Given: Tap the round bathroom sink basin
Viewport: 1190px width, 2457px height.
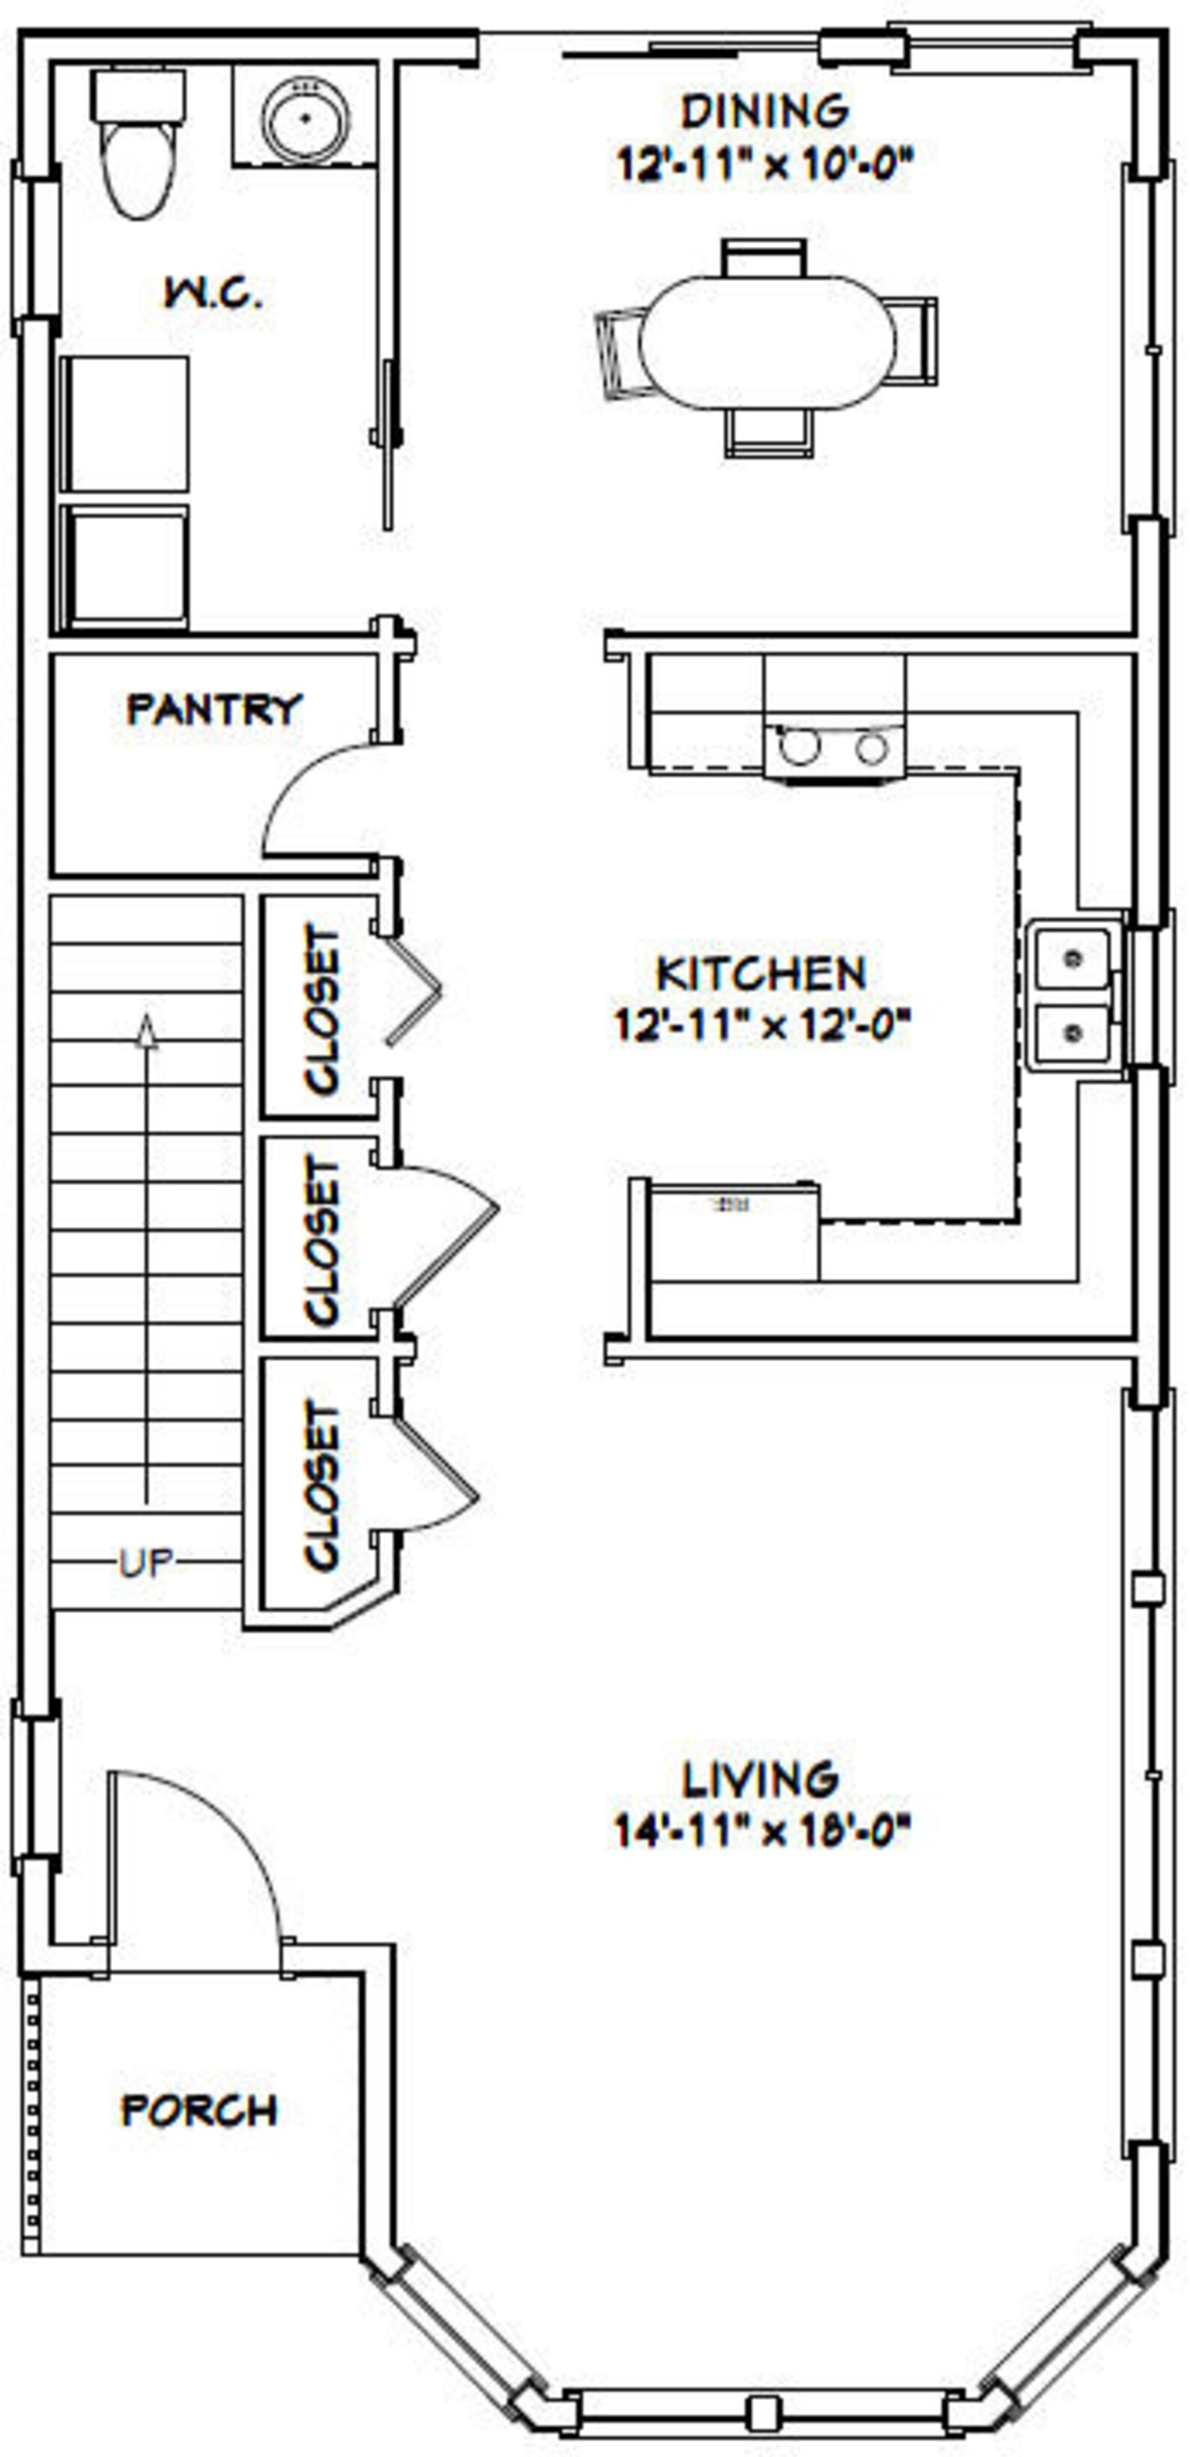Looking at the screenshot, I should [306, 119].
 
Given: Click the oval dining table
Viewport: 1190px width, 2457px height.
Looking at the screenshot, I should [767, 343].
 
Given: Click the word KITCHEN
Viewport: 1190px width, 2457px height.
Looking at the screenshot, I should [761, 974].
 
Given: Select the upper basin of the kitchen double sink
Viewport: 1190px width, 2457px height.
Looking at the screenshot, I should [1072, 957].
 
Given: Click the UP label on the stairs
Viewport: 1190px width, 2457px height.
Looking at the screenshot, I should [146, 1563].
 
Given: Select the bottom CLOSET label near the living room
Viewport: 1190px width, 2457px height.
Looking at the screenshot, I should [322, 1484].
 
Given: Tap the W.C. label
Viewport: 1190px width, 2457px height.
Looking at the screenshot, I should [214, 294].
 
